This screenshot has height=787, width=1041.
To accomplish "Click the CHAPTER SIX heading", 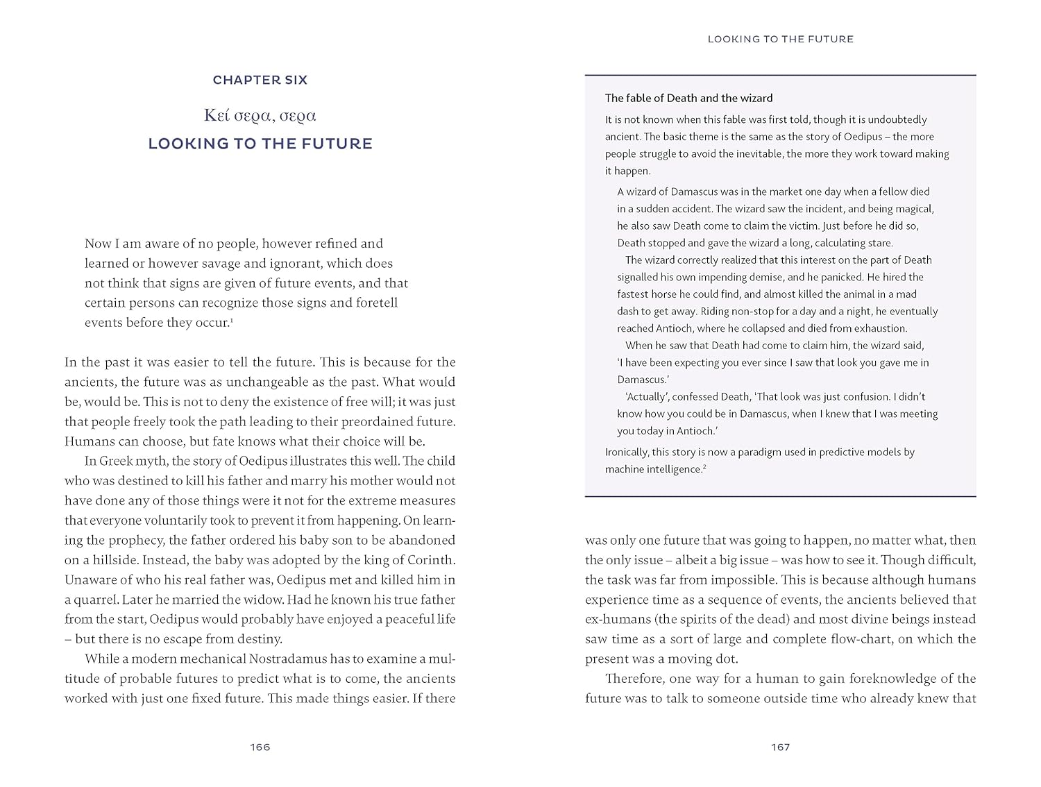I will click(x=260, y=80).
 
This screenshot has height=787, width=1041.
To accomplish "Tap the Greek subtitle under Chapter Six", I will click(x=260, y=115).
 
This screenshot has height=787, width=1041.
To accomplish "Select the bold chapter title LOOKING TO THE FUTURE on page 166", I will click(x=260, y=144).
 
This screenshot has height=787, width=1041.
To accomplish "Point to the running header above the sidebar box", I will click(x=780, y=39).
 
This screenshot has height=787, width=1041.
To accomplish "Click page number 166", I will click(x=260, y=747).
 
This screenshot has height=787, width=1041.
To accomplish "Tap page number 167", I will click(x=780, y=747).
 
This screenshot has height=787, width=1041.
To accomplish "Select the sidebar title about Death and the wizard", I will click(x=688, y=98).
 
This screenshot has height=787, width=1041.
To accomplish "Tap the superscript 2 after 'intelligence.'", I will click(x=704, y=466).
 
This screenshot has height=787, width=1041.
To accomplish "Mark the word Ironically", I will click(x=627, y=452).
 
